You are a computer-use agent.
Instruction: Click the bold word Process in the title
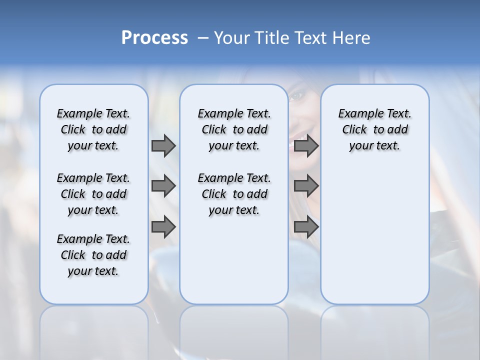pyautogui.click(x=154, y=38)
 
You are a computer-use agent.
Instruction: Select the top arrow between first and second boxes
pyautogui.click(x=163, y=145)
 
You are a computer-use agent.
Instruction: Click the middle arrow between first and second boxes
pyautogui.click(x=163, y=186)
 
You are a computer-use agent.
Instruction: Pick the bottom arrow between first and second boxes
pyautogui.click(x=163, y=227)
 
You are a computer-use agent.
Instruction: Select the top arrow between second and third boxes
pyautogui.click(x=306, y=145)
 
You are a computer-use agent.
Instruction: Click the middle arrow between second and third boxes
pyautogui.click(x=306, y=186)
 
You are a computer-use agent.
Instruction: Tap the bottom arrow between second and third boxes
pyautogui.click(x=306, y=227)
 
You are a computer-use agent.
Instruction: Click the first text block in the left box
pyautogui.click(x=93, y=129)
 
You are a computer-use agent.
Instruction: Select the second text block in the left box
pyautogui.click(x=93, y=194)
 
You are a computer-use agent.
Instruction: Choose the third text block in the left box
pyautogui.click(x=93, y=255)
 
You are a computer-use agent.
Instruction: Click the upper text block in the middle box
pyautogui.click(x=234, y=129)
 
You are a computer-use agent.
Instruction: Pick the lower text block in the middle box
pyautogui.click(x=234, y=194)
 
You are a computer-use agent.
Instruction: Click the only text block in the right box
pyautogui.click(x=374, y=129)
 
